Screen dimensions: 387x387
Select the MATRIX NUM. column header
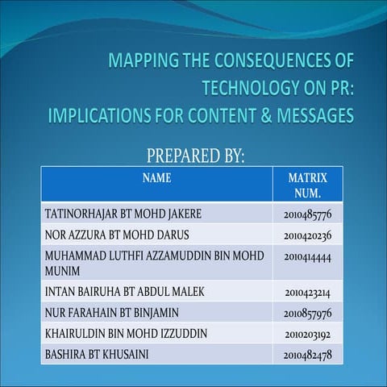tap(306, 185)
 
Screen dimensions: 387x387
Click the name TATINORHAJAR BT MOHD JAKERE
tap(123, 214)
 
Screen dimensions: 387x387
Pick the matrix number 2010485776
tap(308, 214)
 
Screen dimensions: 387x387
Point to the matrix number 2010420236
tap(308, 235)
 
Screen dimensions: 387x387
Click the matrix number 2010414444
tap(308, 255)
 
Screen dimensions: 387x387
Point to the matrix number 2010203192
tap(308, 334)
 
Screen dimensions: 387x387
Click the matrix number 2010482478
tap(308, 354)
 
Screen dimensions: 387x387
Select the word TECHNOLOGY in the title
tap(252, 87)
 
